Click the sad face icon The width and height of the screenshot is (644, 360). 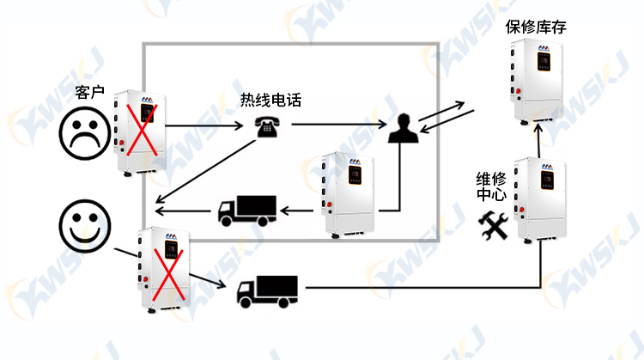(x=85, y=133)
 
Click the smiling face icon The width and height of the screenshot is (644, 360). (x=85, y=226)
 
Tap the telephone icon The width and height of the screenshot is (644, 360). (x=267, y=127)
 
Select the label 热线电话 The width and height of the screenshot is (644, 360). (x=270, y=100)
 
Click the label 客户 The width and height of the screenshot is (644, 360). (x=89, y=93)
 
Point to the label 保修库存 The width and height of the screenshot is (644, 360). (x=536, y=27)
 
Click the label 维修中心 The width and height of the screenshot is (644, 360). (x=491, y=186)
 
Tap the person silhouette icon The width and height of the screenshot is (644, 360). (x=404, y=128)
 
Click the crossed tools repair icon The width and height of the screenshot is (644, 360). (x=493, y=226)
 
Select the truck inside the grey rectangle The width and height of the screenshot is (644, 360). (x=246, y=211)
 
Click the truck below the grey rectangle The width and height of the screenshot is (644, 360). (x=267, y=292)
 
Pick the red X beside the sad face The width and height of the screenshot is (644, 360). (x=142, y=131)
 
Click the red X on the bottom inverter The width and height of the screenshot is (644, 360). (x=168, y=275)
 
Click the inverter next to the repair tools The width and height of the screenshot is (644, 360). (x=540, y=200)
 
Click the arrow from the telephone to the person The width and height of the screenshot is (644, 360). (x=339, y=124)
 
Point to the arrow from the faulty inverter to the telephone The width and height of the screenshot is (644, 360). (x=204, y=125)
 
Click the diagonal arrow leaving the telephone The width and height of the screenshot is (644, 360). (x=205, y=171)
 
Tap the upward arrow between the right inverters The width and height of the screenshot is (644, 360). (x=538, y=140)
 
